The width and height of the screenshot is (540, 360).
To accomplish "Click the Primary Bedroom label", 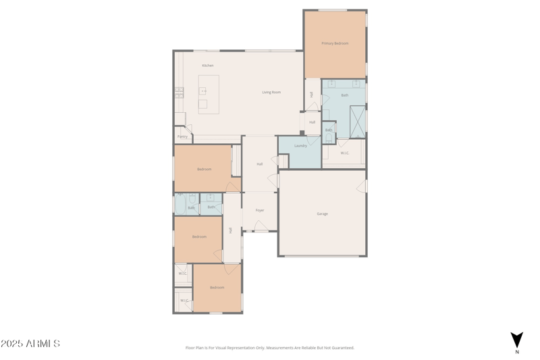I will pos(335,43).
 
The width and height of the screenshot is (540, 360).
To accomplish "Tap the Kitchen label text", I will pos(208,66).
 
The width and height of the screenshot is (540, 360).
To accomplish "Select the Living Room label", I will pos(271,92).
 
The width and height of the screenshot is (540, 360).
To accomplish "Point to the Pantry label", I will pos(182,136).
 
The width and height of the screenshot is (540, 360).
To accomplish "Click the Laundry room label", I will pos(301,145).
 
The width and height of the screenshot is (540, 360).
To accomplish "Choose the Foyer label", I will pos(260,210).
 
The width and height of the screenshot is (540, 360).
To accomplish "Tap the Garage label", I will pos(323,213).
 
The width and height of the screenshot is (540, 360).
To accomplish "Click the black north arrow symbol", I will pos(516,339).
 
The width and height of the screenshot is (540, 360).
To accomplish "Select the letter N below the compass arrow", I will pos(517,352).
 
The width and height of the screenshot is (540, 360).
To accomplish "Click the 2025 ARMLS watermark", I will pos(30,344).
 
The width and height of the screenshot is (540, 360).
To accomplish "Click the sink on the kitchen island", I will pos(203,91).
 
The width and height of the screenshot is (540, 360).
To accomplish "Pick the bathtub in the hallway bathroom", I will pos(181,205).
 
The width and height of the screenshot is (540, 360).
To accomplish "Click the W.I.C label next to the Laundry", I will pos(344,153).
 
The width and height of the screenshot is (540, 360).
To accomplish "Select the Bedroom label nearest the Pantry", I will pos(205,169).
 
